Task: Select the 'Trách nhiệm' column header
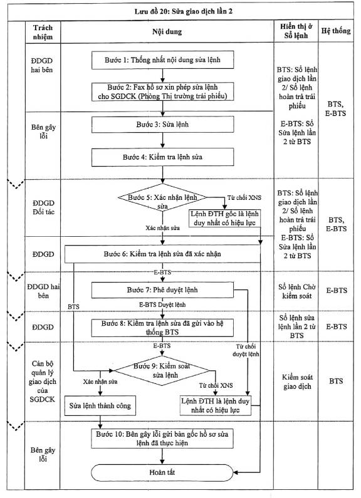click(x=43, y=32)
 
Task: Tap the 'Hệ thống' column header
click(x=336, y=31)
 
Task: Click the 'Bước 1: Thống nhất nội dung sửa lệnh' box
click(x=163, y=60)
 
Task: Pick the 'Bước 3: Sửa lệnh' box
click(x=163, y=125)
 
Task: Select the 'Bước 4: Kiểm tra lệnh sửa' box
click(x=163, y=157)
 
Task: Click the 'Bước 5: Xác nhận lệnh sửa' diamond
click(x=162, y=197)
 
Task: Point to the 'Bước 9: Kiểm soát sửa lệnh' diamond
click(x=162, y=371)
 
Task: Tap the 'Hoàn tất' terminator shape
click(x=162, y=472)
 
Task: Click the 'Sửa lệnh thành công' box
click(x=100, y=405)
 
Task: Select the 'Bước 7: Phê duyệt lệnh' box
click(x=162, y=290)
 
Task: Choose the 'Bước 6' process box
click(x=162, y=254)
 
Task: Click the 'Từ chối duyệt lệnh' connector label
click(x=246, y=350)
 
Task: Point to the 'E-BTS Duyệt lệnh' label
click(x=162, y=304)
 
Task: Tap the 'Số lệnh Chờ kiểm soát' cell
click(x=297, y=291)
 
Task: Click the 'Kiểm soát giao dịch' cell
click(x=297, y=381)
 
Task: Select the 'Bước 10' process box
click(x=162, y=438)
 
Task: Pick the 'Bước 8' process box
click(x=162, y=328)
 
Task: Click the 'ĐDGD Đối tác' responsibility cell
click(x=43, y=207)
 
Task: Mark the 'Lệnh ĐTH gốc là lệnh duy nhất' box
click(x=224, y=218)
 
